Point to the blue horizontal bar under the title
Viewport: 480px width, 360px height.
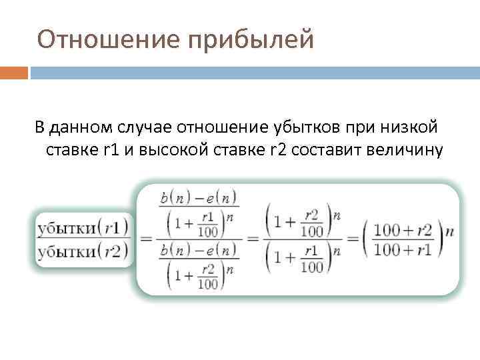[x=254, y=72]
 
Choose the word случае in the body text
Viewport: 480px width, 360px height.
[x=147, y=127]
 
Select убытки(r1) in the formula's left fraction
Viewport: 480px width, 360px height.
[x=83, y=227]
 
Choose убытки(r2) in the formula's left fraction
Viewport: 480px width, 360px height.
[x=83, y=252]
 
